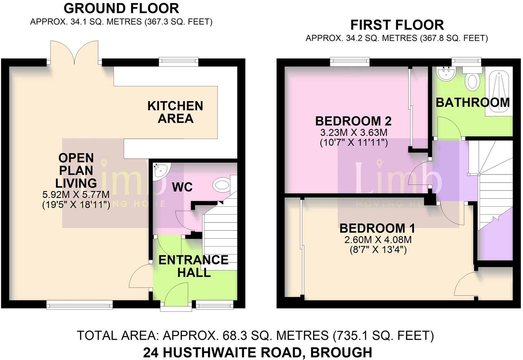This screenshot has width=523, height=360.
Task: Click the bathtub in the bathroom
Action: [499, 91]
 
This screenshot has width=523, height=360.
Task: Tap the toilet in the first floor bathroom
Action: [472, 80]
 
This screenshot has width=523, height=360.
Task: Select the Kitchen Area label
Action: [175, 112]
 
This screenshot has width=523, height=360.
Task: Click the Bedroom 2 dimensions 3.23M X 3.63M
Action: [353, 133]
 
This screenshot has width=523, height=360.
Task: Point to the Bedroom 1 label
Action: [377, 228]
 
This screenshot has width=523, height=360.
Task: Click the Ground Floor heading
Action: [121, 8]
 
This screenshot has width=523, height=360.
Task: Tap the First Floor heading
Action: [397, 25]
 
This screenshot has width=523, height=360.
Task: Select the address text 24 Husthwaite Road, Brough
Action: [257, 352]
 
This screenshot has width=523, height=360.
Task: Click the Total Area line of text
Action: [255, 335]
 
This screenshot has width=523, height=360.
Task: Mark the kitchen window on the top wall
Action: [179, 61]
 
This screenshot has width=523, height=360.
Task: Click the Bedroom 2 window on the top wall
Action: [350, 61]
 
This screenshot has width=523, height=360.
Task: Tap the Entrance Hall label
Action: [193, 266]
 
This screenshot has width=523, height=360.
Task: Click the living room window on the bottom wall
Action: [80, 305]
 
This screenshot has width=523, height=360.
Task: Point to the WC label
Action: [182, 187]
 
